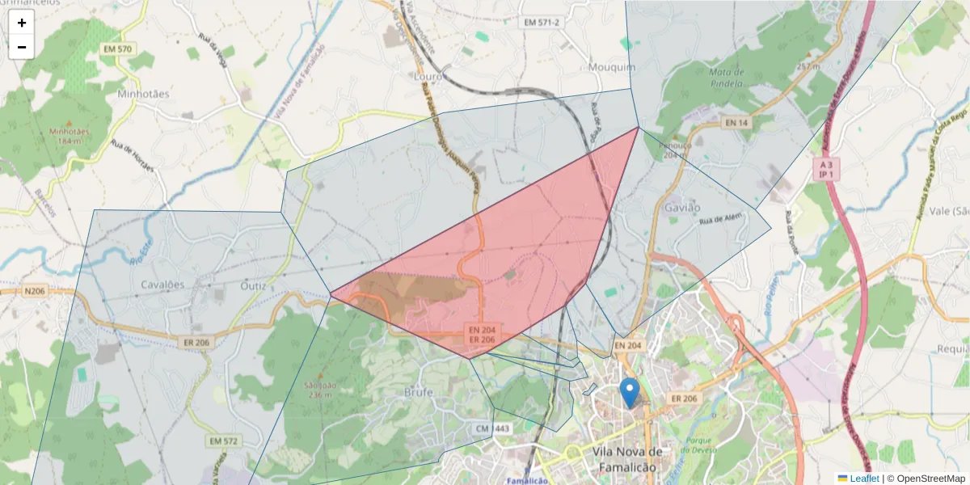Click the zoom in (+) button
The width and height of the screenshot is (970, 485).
[22, 23]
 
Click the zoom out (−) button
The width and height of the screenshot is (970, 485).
[22, 47]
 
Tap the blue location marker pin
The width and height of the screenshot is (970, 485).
[629, 393]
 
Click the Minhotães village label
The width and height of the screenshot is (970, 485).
[143, 94]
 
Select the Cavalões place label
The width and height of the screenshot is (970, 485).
[163, 285]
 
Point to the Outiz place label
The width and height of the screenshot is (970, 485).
[253, 285]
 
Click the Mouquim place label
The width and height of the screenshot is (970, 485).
[612, 67]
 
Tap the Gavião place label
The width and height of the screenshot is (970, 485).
[681, 208]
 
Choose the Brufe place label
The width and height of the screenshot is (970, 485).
[419, 392]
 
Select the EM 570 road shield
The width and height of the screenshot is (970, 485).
[117, 49]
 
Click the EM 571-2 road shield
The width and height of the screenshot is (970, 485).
[541, 22]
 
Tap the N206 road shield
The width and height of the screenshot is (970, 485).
[35, 291]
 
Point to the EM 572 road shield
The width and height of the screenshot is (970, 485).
[224, 441]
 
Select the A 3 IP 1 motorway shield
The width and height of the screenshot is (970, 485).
[826, 168]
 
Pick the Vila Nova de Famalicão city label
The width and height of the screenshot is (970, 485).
[627, 459]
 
